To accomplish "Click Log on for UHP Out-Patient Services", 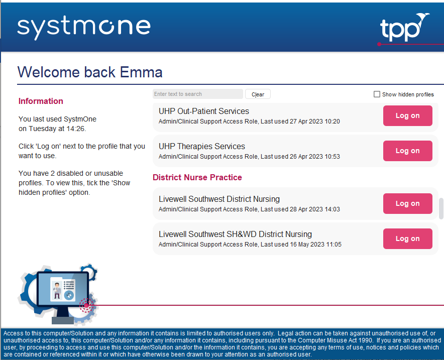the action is point(407,116).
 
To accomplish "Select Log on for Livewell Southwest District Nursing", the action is point(407,203).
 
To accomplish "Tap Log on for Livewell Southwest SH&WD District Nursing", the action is point(407,238).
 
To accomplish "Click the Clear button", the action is point(258,94).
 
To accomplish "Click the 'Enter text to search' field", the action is point(198,94).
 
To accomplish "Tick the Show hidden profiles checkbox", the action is point(377,94).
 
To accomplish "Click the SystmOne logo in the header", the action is point(84,27).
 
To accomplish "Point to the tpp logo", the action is point(404,28).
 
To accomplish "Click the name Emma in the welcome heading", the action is point(141,72).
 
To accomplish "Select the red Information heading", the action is point(41,101).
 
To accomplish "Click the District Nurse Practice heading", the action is point(197,177).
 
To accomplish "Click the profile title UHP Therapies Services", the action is point(202,146).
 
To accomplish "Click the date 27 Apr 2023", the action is point(306,122).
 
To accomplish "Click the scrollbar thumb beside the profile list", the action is point(441,208).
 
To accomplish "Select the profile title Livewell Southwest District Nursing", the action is point(219,199).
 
